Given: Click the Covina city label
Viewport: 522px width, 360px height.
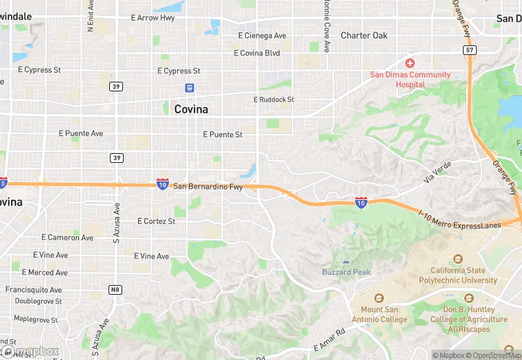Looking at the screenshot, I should (191, 109).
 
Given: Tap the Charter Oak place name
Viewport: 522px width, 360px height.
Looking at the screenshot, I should (365, 36).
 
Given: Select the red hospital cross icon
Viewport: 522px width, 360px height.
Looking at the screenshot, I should (410, 63).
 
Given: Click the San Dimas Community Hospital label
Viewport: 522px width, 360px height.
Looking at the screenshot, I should (410, 79).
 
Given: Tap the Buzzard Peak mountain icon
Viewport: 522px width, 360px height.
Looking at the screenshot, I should (345, 261).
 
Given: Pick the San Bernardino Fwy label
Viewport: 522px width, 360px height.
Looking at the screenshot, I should (207, 186).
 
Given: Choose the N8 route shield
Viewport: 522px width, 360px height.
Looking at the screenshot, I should (115, 290).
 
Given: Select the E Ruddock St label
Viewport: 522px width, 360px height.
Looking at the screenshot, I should (273, 100).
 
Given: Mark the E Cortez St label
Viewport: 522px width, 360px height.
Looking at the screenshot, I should (156, 221).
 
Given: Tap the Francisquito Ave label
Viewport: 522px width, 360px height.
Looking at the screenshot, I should (34, 290).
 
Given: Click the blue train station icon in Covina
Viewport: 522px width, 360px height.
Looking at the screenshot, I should (190, 87).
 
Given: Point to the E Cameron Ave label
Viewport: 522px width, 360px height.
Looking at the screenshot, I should (67, 238).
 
